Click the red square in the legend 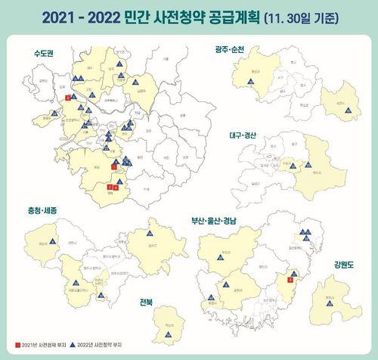tap(18, 343)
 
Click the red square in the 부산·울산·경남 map tap(291, 280)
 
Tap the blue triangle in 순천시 tap(349, 110)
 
